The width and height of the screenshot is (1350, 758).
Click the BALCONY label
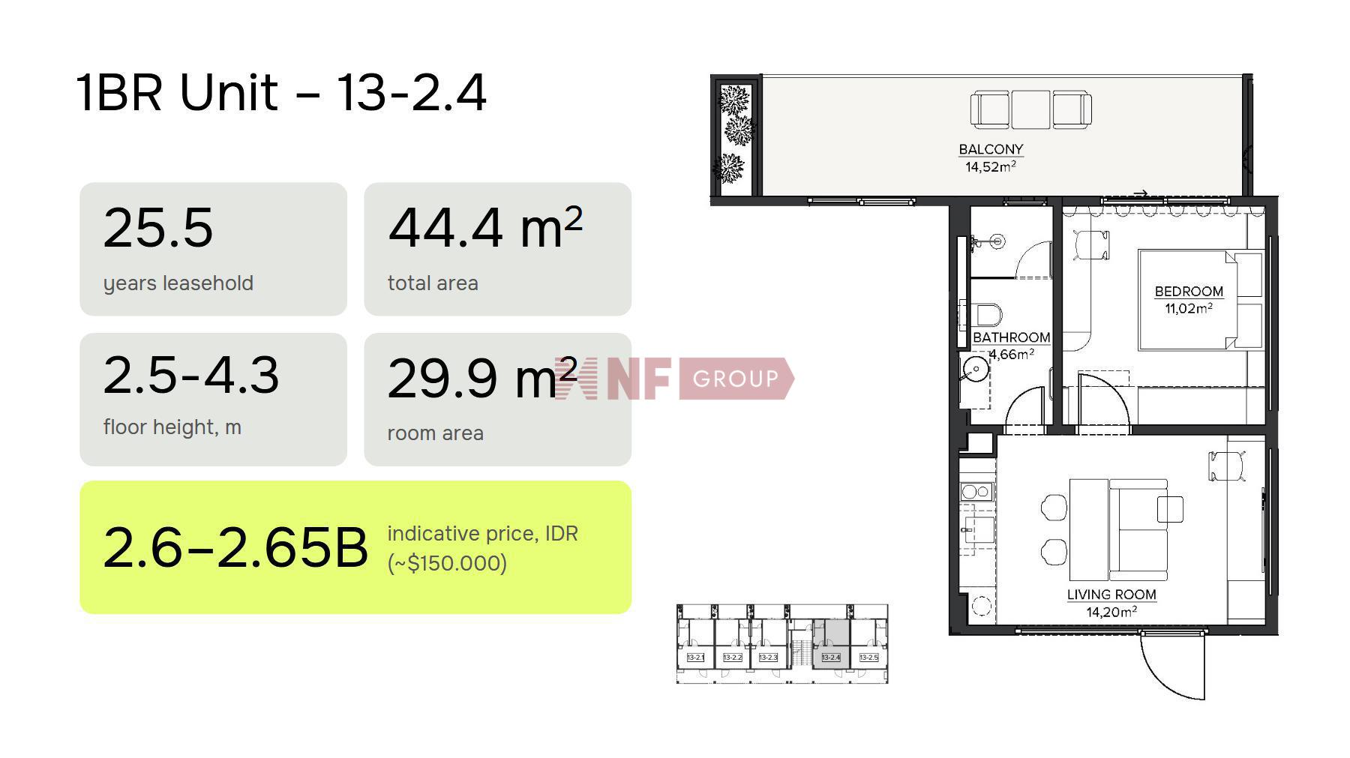pos(991,149)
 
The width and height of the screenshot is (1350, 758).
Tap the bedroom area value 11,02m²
pos(1189,308)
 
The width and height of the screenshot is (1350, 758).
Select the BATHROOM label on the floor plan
pos(1011,337)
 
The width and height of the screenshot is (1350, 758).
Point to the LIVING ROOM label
pos(1111,595)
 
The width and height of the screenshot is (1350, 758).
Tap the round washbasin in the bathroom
pos(976,370)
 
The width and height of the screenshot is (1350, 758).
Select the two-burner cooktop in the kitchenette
pos(976,492)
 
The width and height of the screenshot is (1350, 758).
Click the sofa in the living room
pos(1138,529)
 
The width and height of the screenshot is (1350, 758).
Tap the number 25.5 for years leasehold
pos(158,227)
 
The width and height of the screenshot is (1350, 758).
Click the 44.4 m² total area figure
pos(485,227)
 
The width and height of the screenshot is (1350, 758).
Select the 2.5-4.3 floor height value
pos(191,375)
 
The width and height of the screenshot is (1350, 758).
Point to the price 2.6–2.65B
pos(235,547)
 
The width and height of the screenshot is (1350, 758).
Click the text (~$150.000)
pos(447,562)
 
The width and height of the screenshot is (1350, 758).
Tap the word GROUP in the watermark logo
pos(736,379)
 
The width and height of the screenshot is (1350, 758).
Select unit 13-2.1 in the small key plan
pos(696,658)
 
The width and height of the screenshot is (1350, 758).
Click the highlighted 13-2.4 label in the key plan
pos(831,658)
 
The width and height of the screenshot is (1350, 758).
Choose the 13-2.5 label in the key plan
pos(868,658)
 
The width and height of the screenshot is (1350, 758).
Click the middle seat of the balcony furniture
pos(1030,109)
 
